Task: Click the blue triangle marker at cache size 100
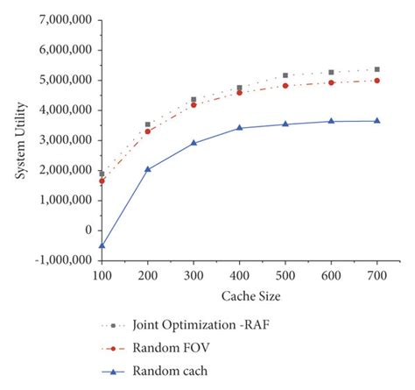pos(102,245)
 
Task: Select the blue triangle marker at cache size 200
pos(148,169)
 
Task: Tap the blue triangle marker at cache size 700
pos(377,121)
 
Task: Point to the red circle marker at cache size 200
pos(148,131)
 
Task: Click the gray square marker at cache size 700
pos(377,69)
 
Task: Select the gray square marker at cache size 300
pos(193,100)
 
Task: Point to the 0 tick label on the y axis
pos(88,230)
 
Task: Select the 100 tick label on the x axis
pos(102,275)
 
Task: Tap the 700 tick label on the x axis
pos(377,275)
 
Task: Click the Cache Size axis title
pos(238,296)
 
